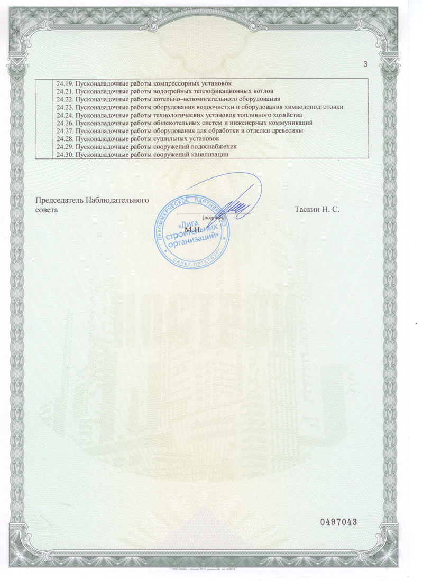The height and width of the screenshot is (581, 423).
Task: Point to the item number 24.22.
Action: pos(64,99)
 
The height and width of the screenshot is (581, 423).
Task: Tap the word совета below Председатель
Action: pos(47,210)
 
